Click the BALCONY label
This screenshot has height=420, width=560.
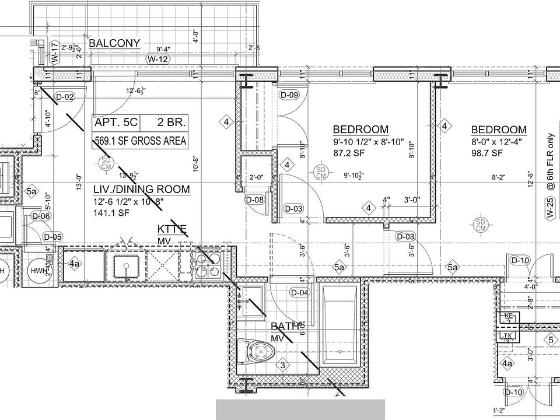pos(114,43)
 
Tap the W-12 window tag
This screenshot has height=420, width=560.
pos(158,59)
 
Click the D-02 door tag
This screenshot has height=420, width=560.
pos(65,97)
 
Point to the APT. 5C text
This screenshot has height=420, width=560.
pos(117,123)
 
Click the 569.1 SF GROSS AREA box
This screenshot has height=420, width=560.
pos(140,141)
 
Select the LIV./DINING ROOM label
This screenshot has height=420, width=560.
pos(142,189)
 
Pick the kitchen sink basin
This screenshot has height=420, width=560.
pos(125,268)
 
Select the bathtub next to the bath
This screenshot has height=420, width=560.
pos(340,325)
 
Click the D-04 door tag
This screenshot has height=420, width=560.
pos(300,292)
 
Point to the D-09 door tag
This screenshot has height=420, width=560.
pos(289,95)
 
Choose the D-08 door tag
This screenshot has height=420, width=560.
pos(255,200)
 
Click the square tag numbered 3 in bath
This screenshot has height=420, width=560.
pos(283,366)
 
